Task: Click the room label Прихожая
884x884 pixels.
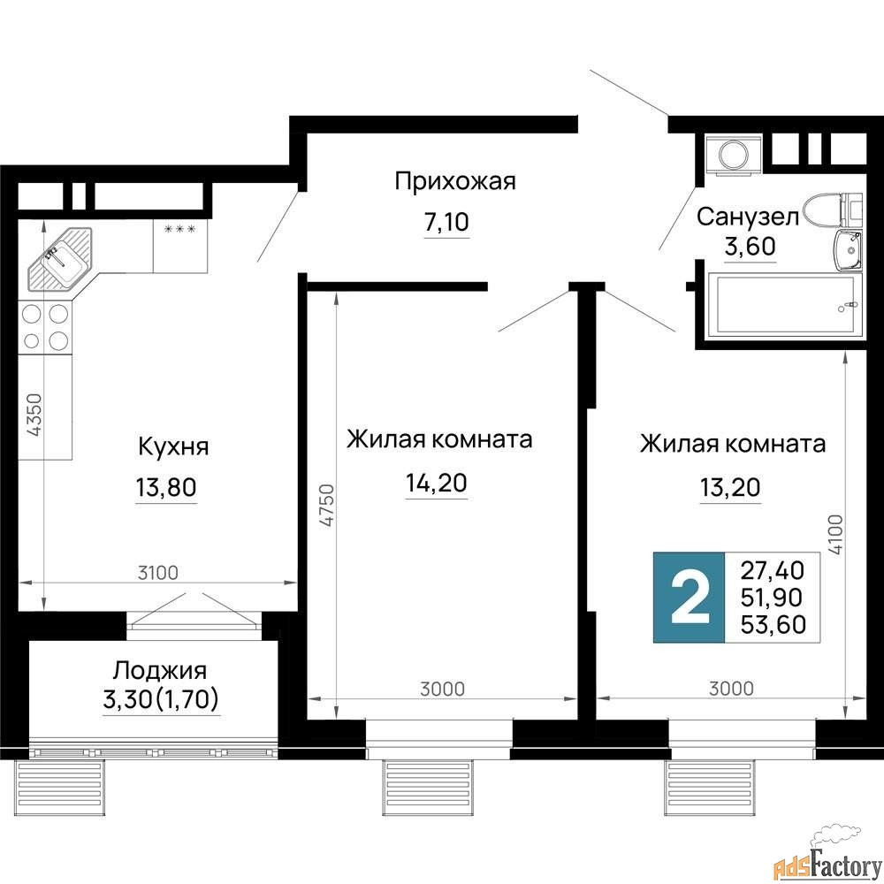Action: pos(455,182)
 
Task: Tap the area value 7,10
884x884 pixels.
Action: pos(446,222)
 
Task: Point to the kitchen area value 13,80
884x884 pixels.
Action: pos(166,486)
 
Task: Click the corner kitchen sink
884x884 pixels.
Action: pos(59,258)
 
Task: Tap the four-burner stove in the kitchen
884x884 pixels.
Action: pos(45,328)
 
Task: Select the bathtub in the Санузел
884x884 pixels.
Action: pos(785,303)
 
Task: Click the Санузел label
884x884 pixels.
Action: pos(748,217)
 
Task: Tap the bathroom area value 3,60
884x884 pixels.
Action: pos(750,247)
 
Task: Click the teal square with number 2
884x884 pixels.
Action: pos(689,598)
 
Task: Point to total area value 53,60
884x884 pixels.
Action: pos(773,624)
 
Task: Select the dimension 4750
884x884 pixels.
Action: pos(326,505)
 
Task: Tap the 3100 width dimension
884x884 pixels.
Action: pos(158,573)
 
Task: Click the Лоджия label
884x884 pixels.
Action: pos(160,671)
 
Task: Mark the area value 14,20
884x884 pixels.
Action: pos(437,483)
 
